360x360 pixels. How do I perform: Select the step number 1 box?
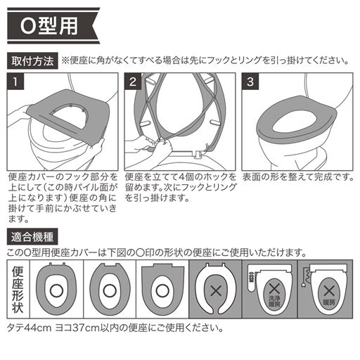pyautogui.click(x=15, y=82)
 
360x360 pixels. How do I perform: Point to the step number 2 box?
pyautogui.click(x=134, y=82)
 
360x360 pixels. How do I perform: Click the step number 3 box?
pyautogui.click(x=251, y=82)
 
